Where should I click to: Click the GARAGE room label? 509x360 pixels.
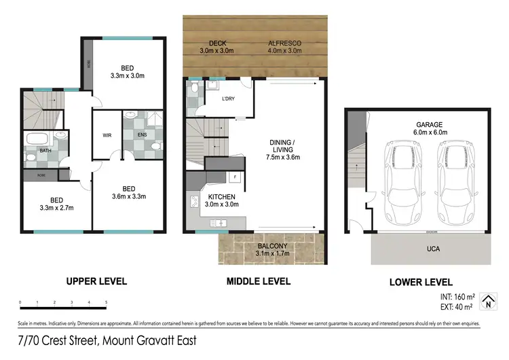click(429, 125)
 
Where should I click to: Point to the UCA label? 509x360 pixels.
click(432, 249)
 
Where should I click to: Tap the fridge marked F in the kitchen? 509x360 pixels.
click(234, 177)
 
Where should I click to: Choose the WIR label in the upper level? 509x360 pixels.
click(107, 134)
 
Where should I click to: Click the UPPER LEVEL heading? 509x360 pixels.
click(96, 281)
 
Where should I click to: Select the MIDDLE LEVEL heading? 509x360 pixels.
click(259, 281)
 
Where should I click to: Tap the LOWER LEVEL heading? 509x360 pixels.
click(421, 283)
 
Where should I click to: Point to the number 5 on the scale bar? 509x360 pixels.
click(107, 302)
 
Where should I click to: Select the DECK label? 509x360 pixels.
click(217, 43)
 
